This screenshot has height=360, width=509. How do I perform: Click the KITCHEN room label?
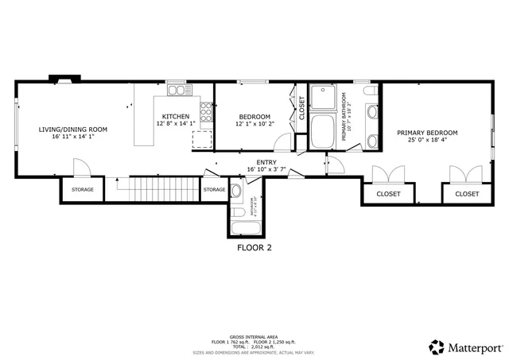pyautogui.click(x=176, y=116)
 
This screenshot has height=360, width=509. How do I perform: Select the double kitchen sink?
pyautogui.click(x=176, y=90)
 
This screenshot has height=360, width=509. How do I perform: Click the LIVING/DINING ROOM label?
pyautogui.click(x=73, y=129)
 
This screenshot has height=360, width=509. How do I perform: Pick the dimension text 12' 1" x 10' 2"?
pyautogui.click(x=254, y=124)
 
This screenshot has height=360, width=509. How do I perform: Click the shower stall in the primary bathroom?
pyautogui.click(x=324, y=98)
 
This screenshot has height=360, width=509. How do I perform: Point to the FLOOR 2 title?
pyautogui.click(x=254, y=247)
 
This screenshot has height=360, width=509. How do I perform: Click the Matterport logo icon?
pyautogui.click(x=437, y=346)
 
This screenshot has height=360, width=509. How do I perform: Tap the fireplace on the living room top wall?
pyautogui.click(x=62, y=79)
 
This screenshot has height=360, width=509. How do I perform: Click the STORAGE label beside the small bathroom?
pyautogui.click(x=214, y=189)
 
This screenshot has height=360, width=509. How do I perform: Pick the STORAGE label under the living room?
pyautogui.click(x=83, y=189)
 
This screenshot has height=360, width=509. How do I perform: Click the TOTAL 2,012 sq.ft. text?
pyautogui.click(x=254, y=346)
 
